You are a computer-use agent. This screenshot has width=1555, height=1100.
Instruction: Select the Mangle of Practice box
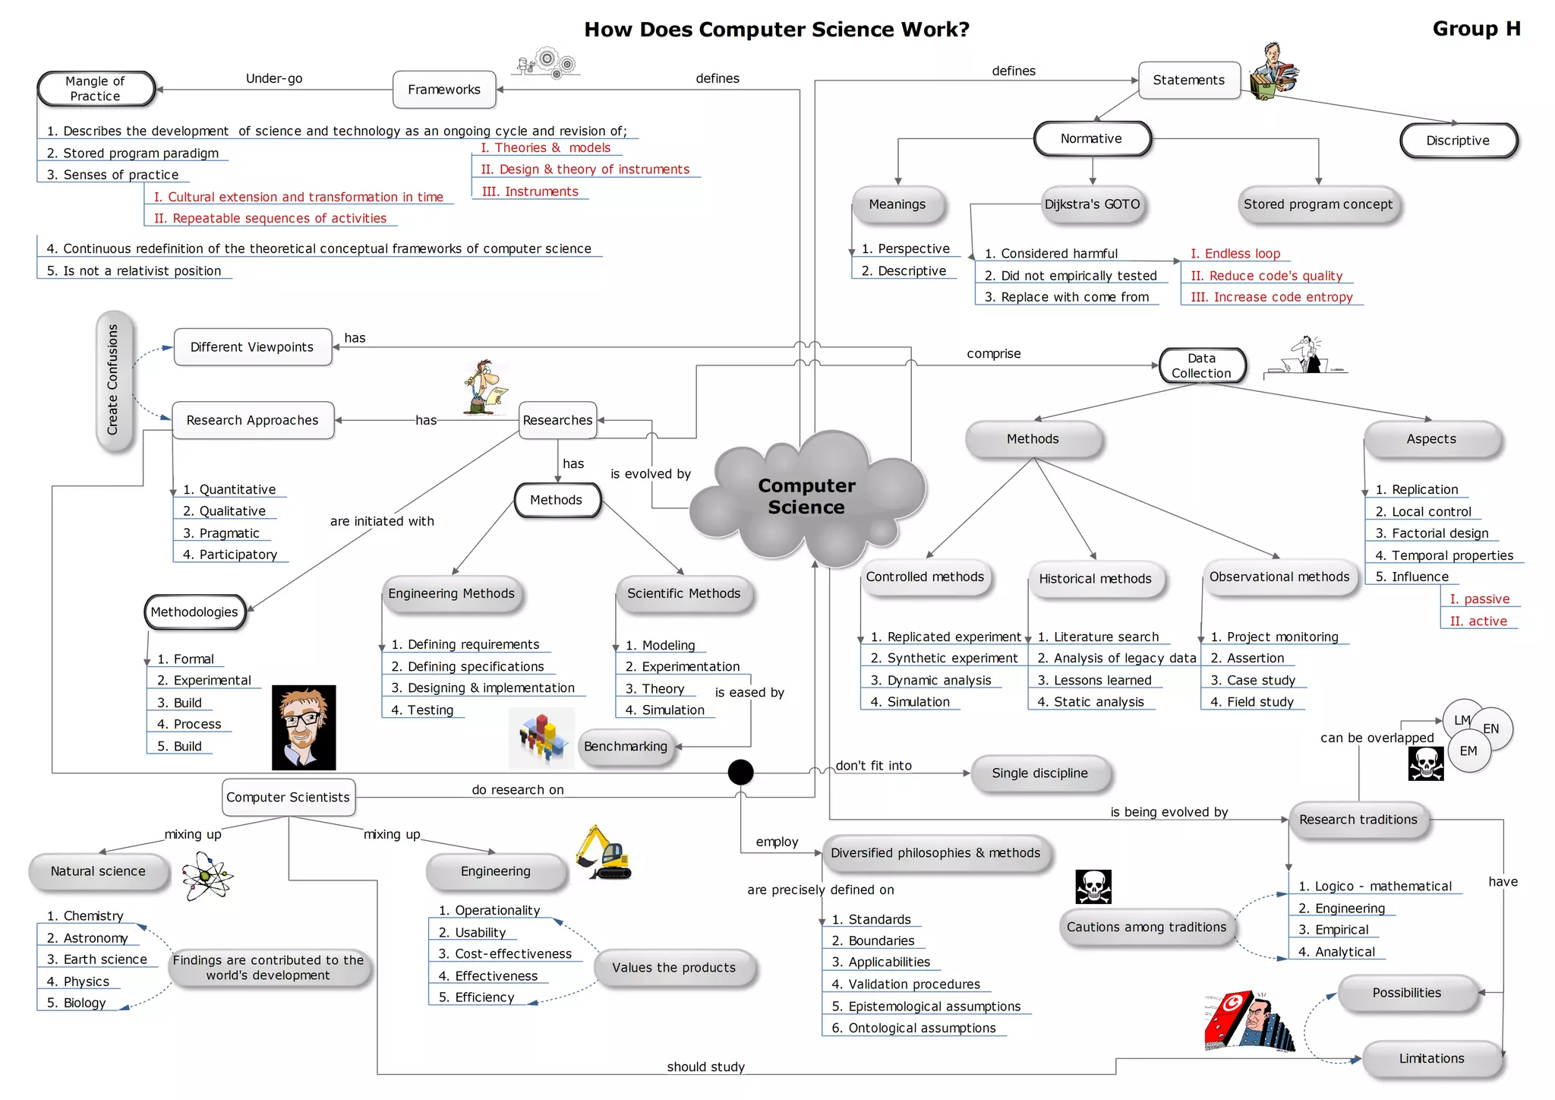(96, 89)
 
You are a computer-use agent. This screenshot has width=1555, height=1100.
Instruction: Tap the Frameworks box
(444, 90)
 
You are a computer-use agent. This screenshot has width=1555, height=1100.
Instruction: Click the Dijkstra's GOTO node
(1092, 204)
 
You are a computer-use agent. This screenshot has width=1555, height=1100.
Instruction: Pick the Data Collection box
(1201, 365)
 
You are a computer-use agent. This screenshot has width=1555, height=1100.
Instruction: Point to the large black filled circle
(740, 772)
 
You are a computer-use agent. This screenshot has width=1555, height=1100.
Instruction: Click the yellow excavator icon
(603, 853)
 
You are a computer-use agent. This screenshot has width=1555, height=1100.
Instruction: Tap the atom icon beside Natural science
(207, 876)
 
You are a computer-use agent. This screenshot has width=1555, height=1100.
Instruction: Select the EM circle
(1468, 751)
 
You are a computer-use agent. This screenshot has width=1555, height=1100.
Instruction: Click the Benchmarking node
(626, 746)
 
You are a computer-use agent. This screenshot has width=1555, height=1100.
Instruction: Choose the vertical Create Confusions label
(114, 380)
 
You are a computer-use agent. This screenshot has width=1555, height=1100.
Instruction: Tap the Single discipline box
(1039, 773)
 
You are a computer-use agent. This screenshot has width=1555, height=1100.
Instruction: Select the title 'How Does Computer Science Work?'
(777, 30)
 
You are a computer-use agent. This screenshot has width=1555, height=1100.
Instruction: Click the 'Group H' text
(1476, 29)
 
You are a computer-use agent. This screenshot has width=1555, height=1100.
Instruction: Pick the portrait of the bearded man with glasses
(304, 727)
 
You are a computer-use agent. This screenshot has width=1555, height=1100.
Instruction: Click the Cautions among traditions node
(1146, 927)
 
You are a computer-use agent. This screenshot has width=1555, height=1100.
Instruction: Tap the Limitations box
(1431, 1058)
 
